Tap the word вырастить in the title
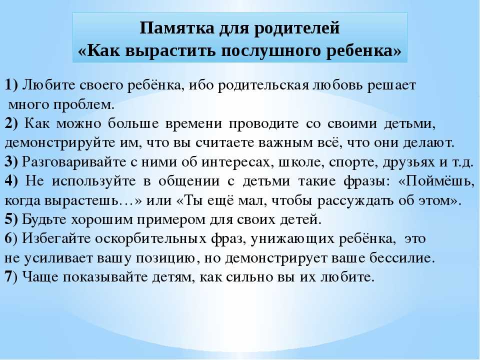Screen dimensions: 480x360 point(168,51)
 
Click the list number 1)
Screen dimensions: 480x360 point(11,85)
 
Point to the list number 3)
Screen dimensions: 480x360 point(11,162)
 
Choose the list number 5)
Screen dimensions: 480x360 point(11,219)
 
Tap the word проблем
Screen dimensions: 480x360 point(84,105)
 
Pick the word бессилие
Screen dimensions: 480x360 point(402,258)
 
